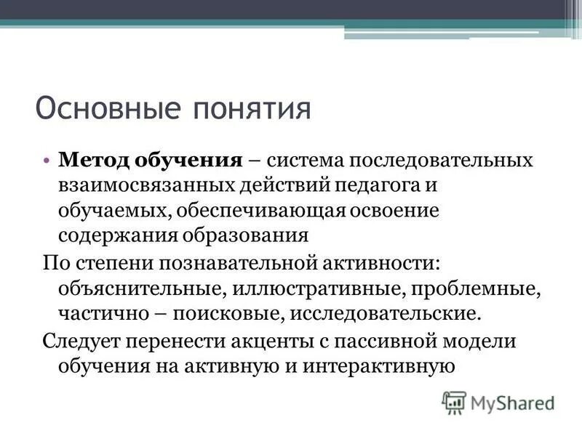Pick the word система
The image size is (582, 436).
tap(309, 159)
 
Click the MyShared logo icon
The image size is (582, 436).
tap(454, 401)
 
